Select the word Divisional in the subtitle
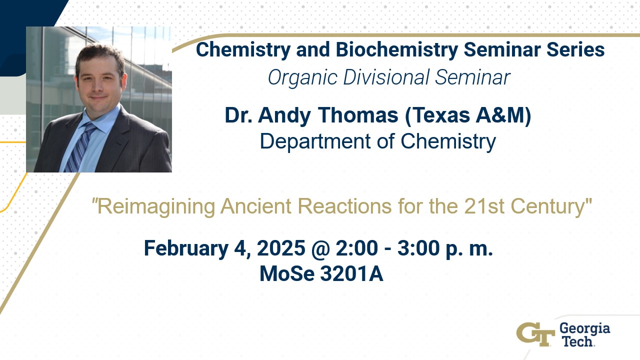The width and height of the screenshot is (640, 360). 386,77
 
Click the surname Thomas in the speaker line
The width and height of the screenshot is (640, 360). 358,115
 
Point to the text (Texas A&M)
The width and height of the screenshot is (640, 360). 468,115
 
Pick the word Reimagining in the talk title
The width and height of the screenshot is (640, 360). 156,207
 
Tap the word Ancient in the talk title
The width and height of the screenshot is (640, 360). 256,206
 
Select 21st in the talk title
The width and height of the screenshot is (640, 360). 484,206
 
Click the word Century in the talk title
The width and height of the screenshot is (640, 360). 548,207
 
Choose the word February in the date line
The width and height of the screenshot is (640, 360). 186,248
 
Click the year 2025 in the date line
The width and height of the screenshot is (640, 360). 281,248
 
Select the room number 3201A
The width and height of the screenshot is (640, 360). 351,273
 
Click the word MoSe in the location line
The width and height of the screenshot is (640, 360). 287,273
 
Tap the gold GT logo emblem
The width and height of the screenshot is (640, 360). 535,334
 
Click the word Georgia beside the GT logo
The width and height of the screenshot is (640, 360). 584,329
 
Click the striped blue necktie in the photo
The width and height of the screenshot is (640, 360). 80,147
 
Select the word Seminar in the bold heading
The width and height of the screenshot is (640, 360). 502,50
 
